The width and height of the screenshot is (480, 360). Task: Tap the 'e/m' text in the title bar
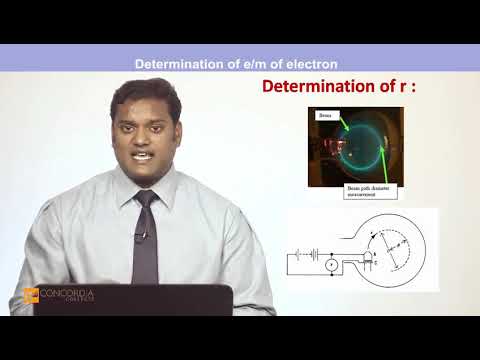coord(255,64)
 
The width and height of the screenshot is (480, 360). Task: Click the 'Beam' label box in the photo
coord(324,115)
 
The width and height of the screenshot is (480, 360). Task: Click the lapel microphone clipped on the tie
coord(140,237)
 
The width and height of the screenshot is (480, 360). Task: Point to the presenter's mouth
coord(142,158)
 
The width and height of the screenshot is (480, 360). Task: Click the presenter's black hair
coord(144,94)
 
